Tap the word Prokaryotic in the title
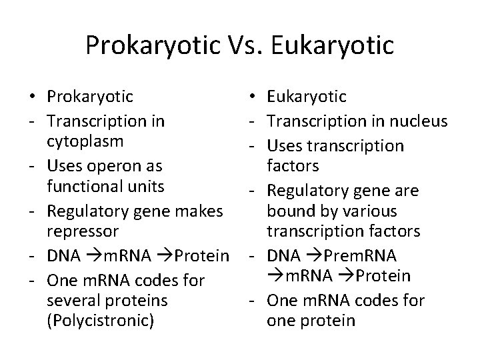pyautogui.click(x=150, y=45)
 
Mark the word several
pyautogui.click(x=71, y=300)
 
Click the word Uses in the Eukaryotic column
pyautogui.click(x=281, y=145)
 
